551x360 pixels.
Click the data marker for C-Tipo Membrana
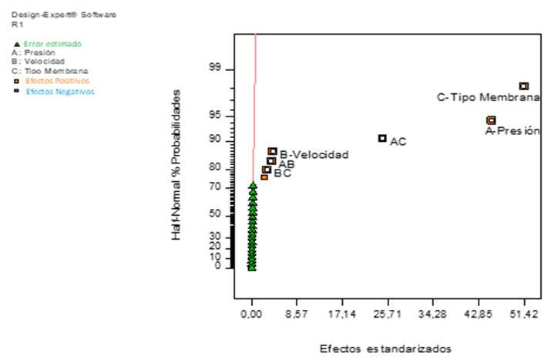(523, 86)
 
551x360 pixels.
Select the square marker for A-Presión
(491, 120)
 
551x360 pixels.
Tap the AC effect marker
(382, 138)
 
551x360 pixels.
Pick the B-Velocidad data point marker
(272, 152)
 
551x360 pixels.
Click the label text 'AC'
(398, 142)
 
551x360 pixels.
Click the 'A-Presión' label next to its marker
(512, 131)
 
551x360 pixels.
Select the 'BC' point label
(282, 174)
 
